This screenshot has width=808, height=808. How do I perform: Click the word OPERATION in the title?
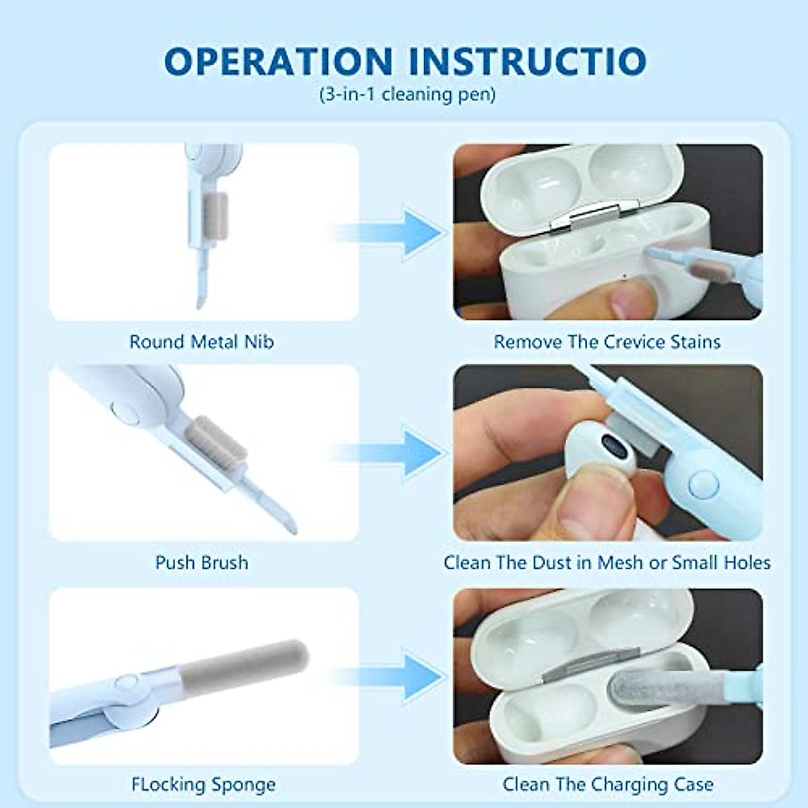(x=277, y=61)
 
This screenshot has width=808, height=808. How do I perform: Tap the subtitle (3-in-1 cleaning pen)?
(x=407, y=94)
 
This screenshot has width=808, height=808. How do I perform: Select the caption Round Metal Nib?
(x=201, y=342)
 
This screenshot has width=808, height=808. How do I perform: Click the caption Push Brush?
(x=201, y=563)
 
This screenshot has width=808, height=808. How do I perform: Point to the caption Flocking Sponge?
(x=203, y=784)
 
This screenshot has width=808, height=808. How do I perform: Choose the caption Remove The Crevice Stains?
(x=607, y=342)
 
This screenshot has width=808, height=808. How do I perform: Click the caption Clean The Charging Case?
(x=607, y=784)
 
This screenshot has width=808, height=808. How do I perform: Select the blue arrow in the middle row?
(x=417, y=453)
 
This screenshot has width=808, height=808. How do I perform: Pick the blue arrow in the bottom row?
(x=417, y=675)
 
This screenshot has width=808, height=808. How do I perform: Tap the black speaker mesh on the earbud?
(x=614, y=446)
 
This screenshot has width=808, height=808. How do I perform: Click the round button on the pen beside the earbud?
(x=704, y=483)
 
